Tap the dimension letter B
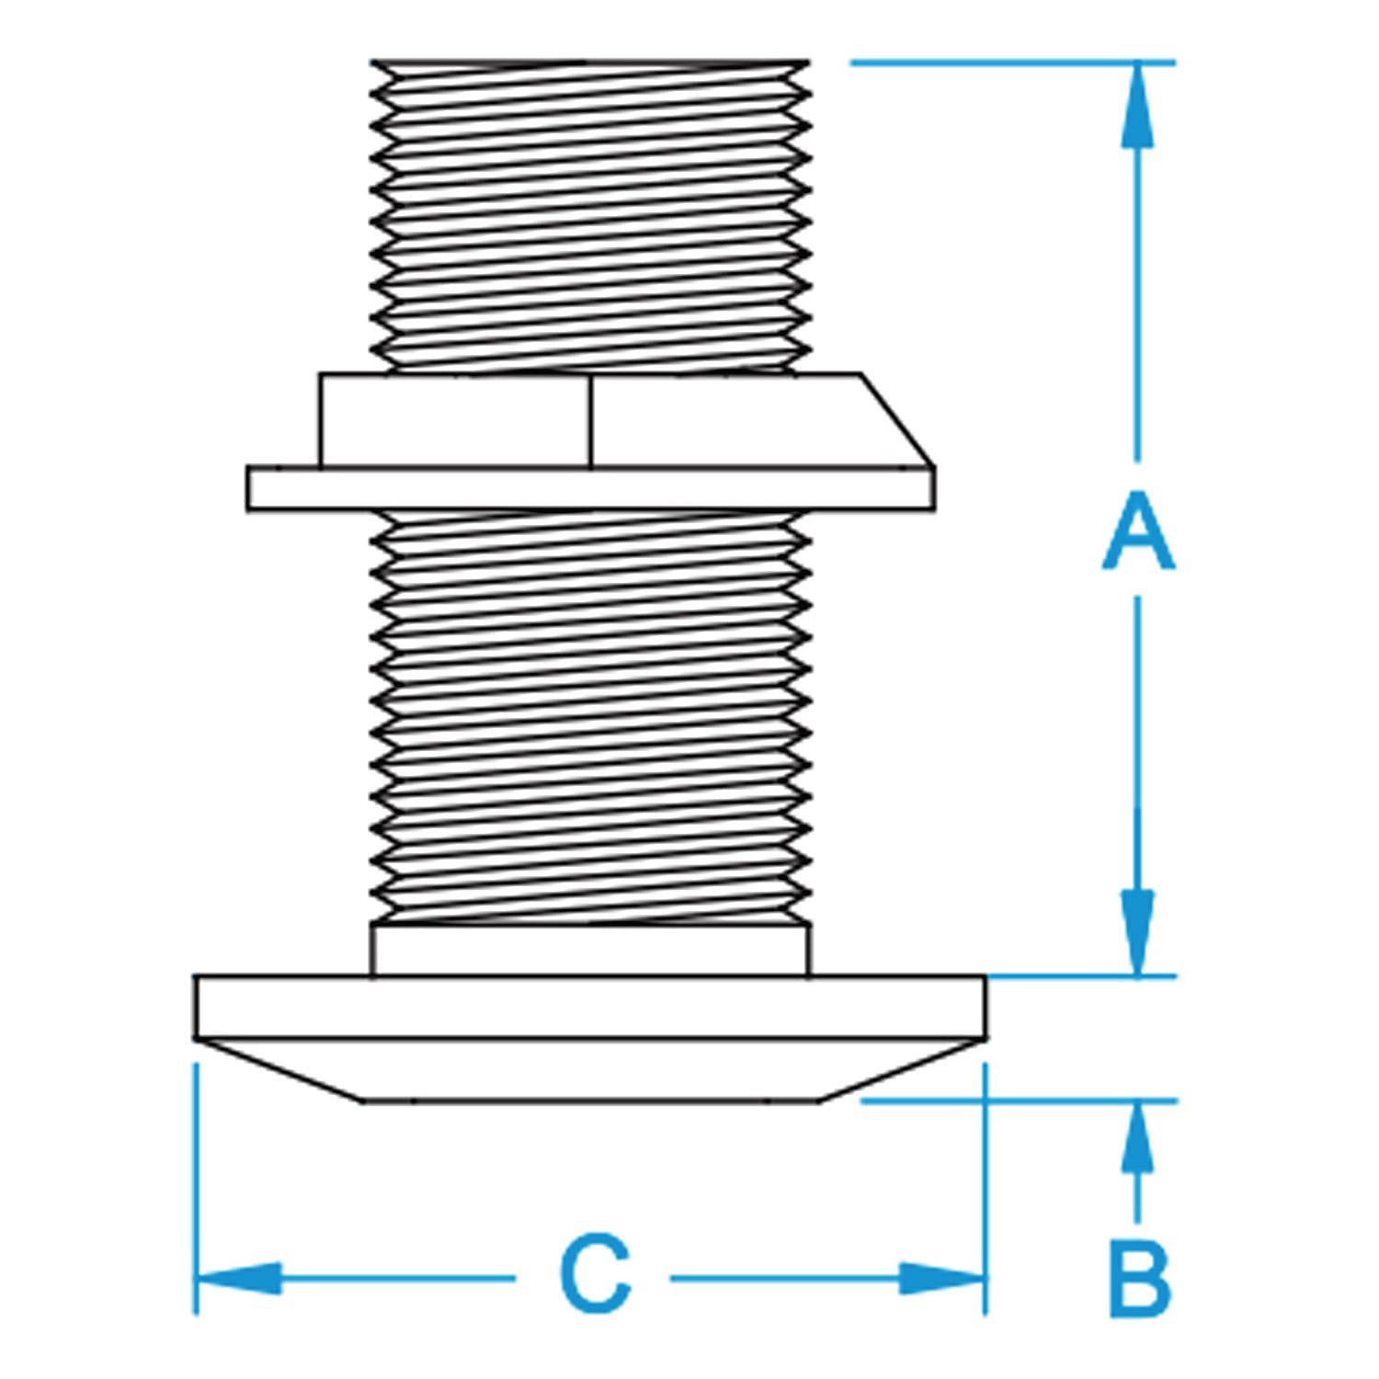click(1140, 1278)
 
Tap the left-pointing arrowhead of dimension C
click(239, 1278)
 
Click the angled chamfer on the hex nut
click(897, 419)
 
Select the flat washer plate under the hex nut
click(591, 488)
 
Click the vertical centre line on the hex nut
click(590, 420)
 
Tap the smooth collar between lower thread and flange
click(591, 950)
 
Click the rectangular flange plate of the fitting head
click(590, 1007)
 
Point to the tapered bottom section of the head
click(590, 1069)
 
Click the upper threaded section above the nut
click(591, 216)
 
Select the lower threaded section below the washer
click(591, 717)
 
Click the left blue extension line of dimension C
click(196, 1189)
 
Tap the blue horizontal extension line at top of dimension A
click(1013, 63)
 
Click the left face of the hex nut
click(454, 420)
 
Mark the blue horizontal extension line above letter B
click(1019, 1100)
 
